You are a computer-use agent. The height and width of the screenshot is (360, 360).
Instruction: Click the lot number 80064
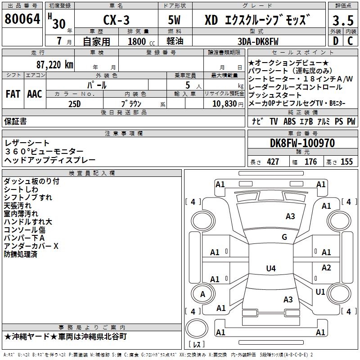(22, 19)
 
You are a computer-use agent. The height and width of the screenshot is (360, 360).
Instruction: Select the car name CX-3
(117, 20)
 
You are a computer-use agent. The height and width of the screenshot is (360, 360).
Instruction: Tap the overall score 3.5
(343, 20)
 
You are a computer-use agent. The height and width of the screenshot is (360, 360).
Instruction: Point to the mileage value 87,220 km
(55, 65)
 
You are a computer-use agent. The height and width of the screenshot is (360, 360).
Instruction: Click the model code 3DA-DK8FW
(258, 41)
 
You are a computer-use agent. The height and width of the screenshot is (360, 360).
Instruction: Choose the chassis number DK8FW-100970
(302, 143)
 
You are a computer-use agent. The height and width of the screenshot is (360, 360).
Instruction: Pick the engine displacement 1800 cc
(141, 41)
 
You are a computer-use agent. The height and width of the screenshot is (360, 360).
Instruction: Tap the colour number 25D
(75, 104)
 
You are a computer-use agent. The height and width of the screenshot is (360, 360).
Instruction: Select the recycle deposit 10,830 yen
(228, 104)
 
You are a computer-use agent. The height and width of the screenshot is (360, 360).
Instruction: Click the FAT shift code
(13, 94)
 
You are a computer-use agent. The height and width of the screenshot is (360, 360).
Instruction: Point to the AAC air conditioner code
(35, 94)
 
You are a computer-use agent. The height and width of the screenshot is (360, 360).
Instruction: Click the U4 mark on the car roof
(271, 268)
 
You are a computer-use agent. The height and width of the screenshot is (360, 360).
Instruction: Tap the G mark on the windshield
(284, 237)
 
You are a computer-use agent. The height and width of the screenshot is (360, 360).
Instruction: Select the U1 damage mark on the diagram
(320, 292)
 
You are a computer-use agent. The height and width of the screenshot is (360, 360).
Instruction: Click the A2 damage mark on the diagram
(326, 267)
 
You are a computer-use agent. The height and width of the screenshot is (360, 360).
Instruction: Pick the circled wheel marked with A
(203, 294)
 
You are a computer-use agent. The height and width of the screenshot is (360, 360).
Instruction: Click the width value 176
(310, 162)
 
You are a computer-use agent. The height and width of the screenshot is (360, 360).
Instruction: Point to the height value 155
(346, 162)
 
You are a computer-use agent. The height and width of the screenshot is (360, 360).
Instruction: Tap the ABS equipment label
(289, 121)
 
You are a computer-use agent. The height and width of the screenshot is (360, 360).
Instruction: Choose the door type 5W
(174, 20)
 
